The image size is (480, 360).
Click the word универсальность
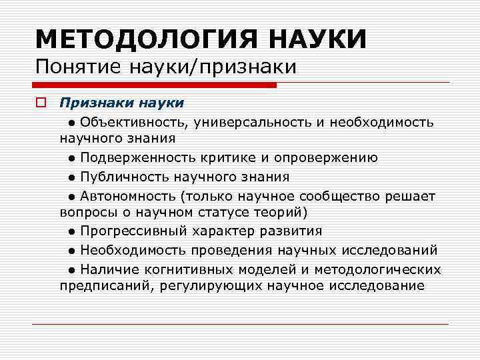(x=239, y=122)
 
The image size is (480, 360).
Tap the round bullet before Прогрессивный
(x=71, y=232)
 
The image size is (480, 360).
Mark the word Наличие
(x=107, y=269)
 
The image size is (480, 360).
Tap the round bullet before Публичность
(x=71, y=177)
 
